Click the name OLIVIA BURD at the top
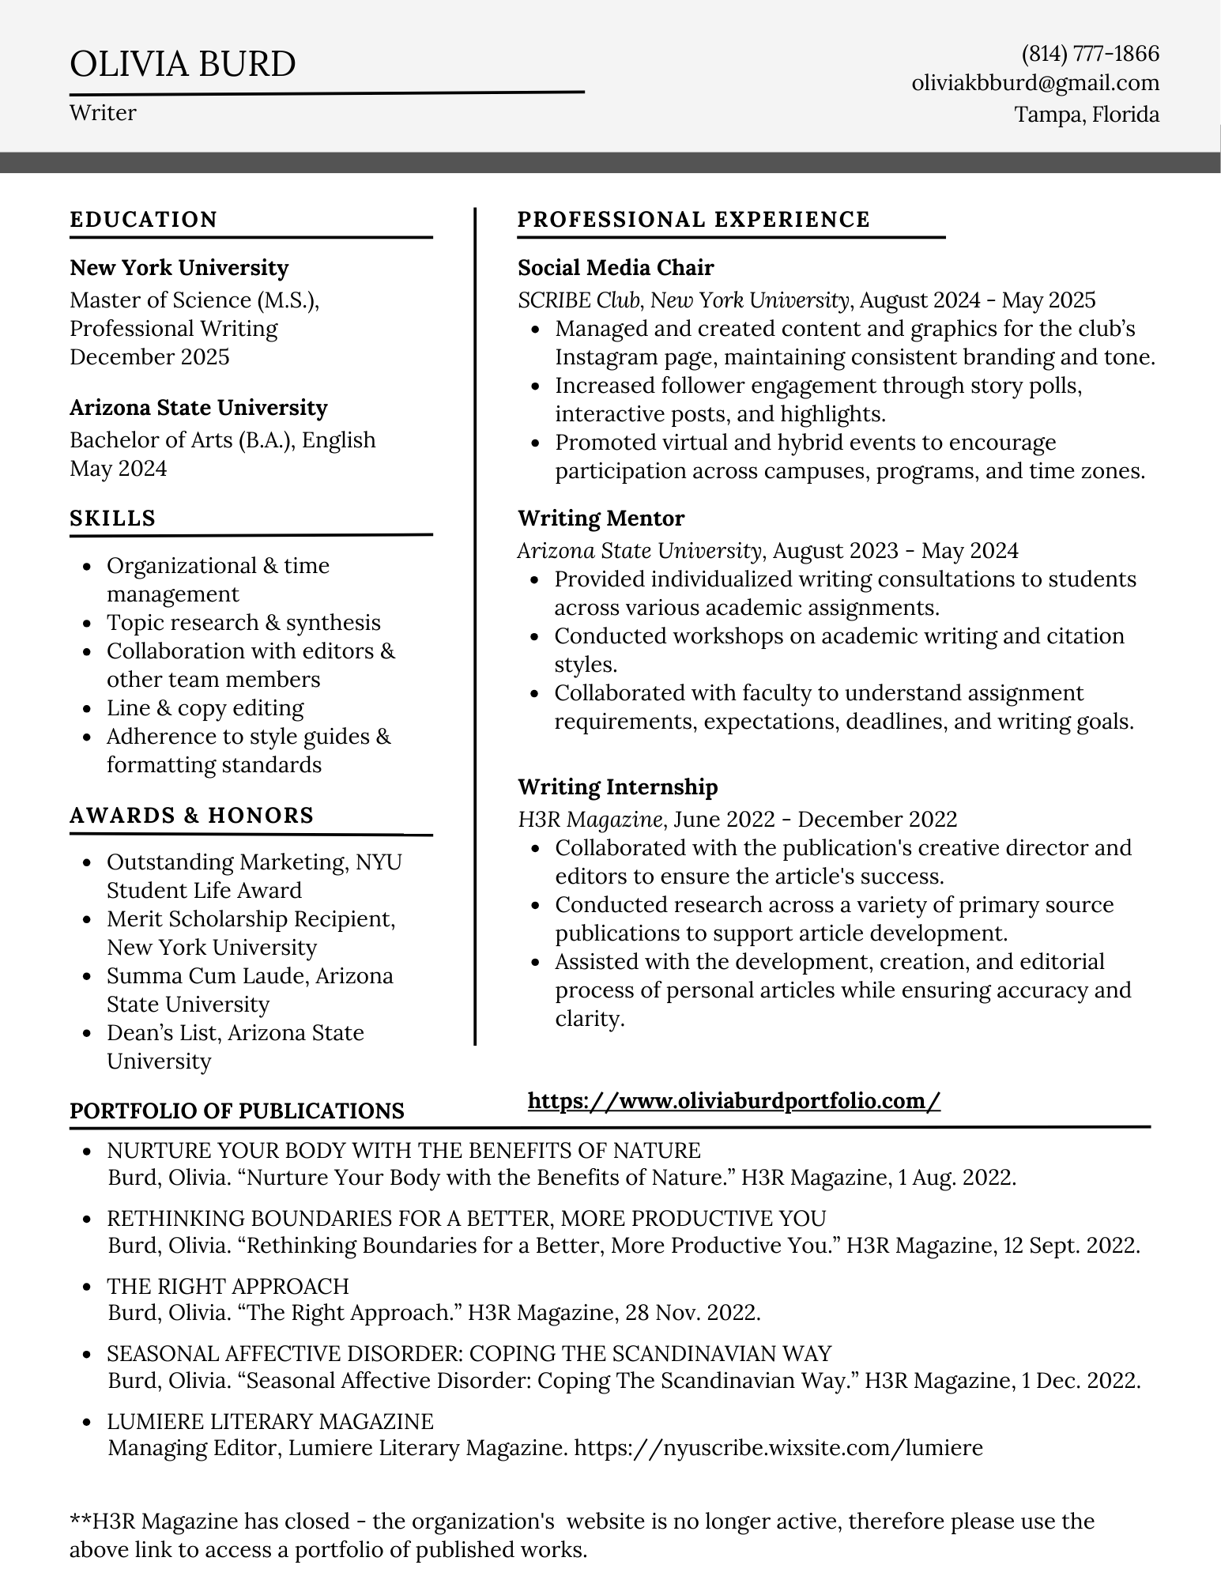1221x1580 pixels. coord(183,64)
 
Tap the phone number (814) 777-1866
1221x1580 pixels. coord(1090,54)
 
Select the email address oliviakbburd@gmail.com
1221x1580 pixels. coord(1035,83)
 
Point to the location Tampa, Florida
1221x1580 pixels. coord(1087,115)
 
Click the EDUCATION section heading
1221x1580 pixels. coord(143,220)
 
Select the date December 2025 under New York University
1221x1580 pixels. coord(149,357)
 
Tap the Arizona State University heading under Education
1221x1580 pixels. coord(198,408)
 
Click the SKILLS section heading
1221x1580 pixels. coord(112,518)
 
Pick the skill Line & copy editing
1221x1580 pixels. coord(205,708)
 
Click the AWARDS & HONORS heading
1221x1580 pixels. coord(192,816)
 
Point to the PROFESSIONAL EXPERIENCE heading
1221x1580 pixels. coord(694,220)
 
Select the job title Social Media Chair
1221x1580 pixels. coord(616,268)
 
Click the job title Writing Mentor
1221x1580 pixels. coord(601,518)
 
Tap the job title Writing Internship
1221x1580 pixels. coord(618,787)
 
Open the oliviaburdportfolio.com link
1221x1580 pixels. coord(733,1101)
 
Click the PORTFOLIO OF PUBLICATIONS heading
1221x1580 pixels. coord(237,1111)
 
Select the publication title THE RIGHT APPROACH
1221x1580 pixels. coord(228,1286)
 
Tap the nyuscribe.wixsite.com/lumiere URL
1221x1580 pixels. coord(778,1448)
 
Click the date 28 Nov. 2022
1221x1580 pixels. coord(692,1313)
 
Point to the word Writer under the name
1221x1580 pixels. coord(103,113)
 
